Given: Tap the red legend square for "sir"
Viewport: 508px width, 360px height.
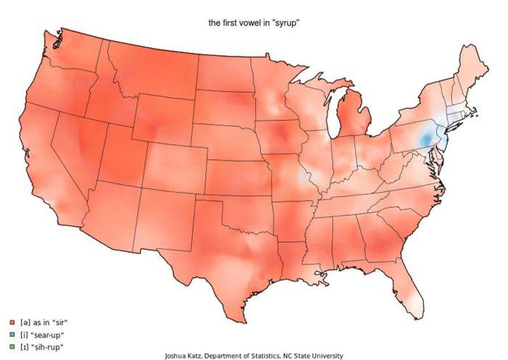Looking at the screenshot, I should pyautogui.click(x=12, y=322).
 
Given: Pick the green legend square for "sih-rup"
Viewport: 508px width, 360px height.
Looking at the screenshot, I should pyautogui.click(x=12, y=347).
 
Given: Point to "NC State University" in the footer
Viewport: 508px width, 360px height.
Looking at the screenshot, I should pyautogui.click(x=312, y=356).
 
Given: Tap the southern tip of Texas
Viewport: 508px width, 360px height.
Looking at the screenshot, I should pyautogui.click(x=237, y=319).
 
